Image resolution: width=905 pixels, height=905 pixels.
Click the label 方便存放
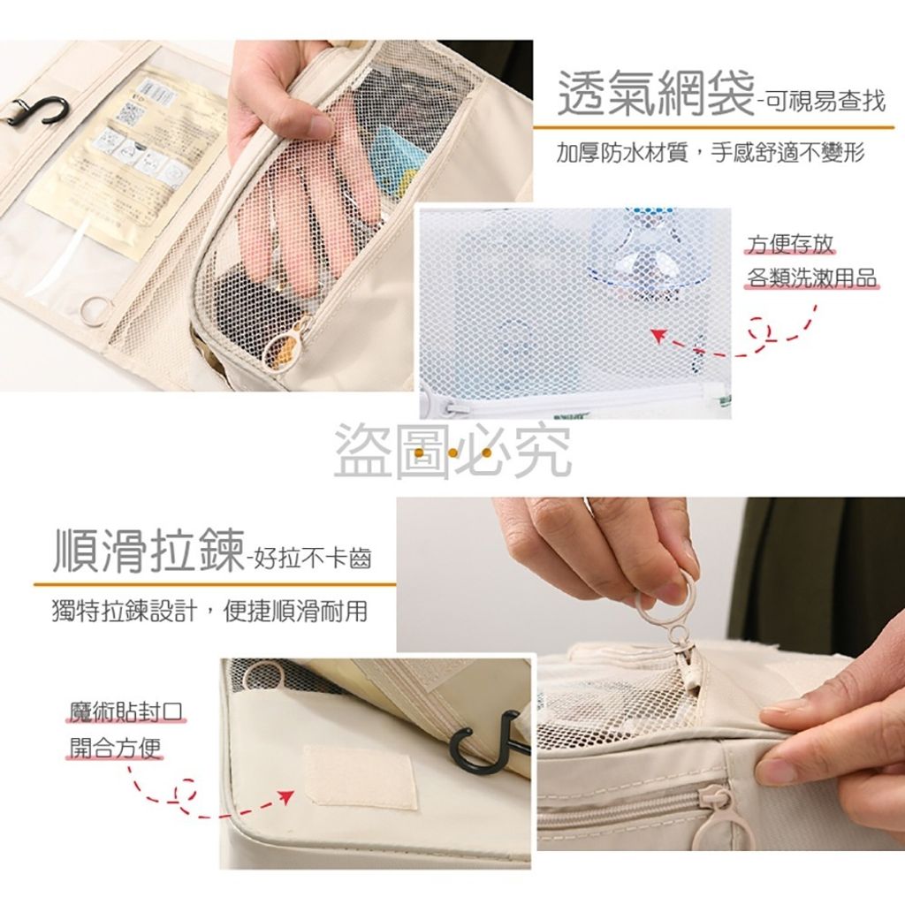pyautogui.click(x=790, y=244)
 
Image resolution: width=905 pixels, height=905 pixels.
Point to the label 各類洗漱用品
pyautogui.click(x=811, y=278)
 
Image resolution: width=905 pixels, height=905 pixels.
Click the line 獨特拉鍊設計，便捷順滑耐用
pyautogui.click(x=209, y=611)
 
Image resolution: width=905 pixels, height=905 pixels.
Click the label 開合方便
pyautogui.click(x=115, y=748)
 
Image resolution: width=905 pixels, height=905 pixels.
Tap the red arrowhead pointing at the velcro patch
pyautogui.click(x=285, y=797)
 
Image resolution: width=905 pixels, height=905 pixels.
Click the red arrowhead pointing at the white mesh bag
pyautogui.click(x=658, y=334)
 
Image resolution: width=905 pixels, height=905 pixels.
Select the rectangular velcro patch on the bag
pyautogui.click(x=360, y=776)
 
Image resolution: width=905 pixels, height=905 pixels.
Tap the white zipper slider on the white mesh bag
pyautogui.click(x=444, y=403)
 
